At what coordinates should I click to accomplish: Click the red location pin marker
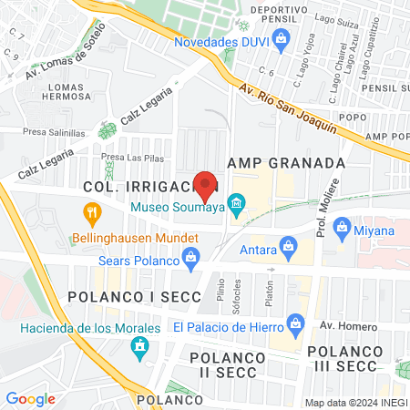tap(205, 185)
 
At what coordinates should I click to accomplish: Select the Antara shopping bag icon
tap(289, 244)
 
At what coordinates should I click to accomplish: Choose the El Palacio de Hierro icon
tap(295, 323)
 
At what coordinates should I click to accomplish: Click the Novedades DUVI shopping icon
tap(281, 38)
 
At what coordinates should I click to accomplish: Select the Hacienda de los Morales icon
tap(139, 347)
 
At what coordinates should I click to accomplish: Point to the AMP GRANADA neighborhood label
tap(285, 162)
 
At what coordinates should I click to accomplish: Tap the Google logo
tap(30, 398)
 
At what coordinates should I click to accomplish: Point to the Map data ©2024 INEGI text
tap(354, 403)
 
